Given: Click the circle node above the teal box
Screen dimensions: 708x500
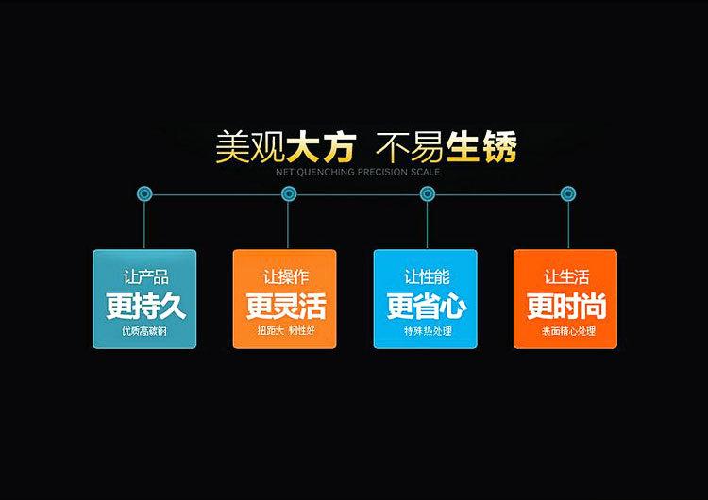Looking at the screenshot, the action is tap(144, 194).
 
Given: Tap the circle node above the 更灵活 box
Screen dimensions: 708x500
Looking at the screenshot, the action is tap(289, 194).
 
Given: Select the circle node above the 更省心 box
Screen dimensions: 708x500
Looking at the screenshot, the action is tap(428, 194).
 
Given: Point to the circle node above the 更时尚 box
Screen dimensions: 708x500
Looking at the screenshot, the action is tap(568, 194).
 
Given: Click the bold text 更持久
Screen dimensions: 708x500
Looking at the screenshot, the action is tap(145, 306).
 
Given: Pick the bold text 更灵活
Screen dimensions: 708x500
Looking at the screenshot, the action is tap(286, 306).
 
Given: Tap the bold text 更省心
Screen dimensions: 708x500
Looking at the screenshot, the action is tap(427, 306).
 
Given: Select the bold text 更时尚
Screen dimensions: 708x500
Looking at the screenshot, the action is tap(566, 306).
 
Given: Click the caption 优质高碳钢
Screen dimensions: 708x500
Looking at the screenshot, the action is tap(145, 331).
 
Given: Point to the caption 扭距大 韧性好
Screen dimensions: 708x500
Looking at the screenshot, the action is tap(286, 331).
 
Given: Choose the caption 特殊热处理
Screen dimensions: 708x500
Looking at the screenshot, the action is tap(427, 331).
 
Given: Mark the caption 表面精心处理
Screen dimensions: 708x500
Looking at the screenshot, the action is tap(566, 331).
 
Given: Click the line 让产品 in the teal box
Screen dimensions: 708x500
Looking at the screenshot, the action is tap(145, 277).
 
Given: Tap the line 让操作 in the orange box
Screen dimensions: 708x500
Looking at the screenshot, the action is tap(286, 277).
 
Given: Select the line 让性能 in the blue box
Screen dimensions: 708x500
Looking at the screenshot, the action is tap(427, 277).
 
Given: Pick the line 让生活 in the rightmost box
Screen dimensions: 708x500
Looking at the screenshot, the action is tap(566, 277).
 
